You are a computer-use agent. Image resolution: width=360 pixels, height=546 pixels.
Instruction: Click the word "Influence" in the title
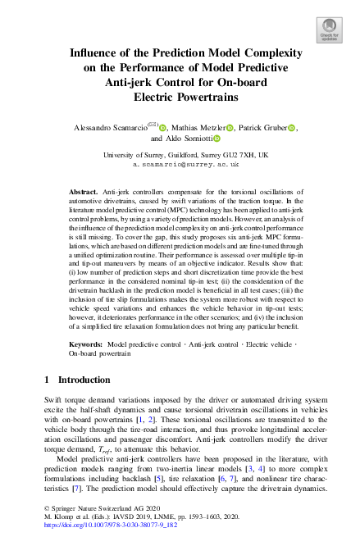(95, 55)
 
